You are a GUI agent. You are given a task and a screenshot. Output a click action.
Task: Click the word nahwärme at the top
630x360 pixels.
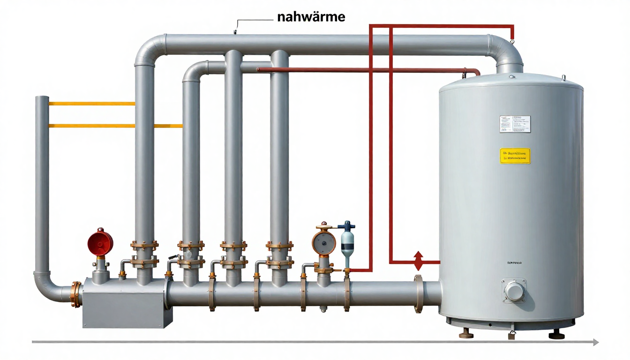pyautogui.click(x=311, y=17)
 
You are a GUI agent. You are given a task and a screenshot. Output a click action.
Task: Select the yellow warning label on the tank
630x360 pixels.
pyautogui.click(x=515, y=156)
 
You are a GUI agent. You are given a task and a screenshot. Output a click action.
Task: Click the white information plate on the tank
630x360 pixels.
pyautogui.click(x=515, y=124)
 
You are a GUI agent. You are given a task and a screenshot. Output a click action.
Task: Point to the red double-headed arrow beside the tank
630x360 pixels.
pyautogui.click(x=418, y=261)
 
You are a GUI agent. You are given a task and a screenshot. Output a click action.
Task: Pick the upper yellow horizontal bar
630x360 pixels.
pyautogui.click(x=92, y=104)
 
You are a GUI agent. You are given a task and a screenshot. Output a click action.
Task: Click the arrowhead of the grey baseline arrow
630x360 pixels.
pyautogui.click(x=595, y=342)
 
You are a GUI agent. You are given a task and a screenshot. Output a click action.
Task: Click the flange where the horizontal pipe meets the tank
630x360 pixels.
pyautogui.click(x=418, y=294)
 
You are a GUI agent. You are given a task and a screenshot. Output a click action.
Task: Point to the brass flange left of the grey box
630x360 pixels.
pyautogui.click(x=75, y=294)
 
